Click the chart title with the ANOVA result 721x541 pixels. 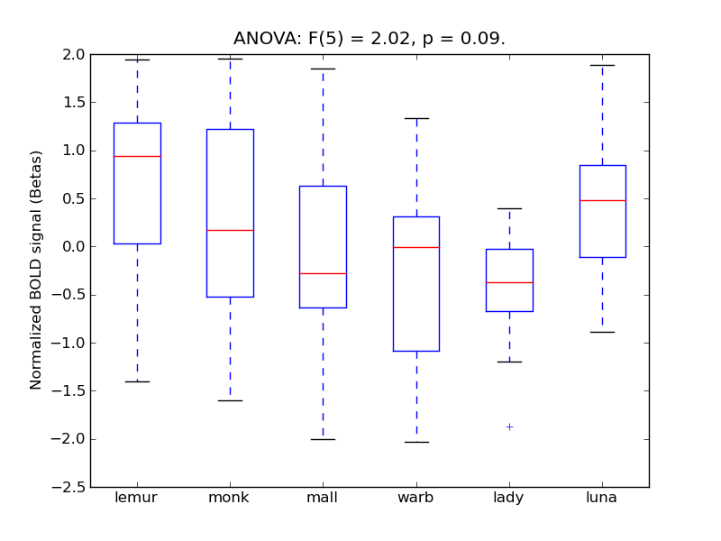pyautogui.click(x=370, y=39)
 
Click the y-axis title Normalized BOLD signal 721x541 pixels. pyautogui.click(x=37, y=270)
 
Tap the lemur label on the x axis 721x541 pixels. pyautogui.click(x=136, y=498)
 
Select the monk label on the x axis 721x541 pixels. pyautogui.click(x=229, y=498)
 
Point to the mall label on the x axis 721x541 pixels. pyautogui.click(x=323, y=498)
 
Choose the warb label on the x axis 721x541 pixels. pyautogui.click(x=415, y=498)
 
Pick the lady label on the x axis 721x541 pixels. pyautogui.click(x=509, y=498)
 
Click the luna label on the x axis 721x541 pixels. pyautogui.click(x=602, y=498)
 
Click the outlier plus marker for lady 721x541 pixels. pyautogui.click(x=509, y=426)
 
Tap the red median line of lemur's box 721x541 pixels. pyautogui.click(x=137, y=156)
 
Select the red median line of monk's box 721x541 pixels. pyautogui.click(x=230, y=230)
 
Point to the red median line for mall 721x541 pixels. pyautogui.click(x=323, y=273)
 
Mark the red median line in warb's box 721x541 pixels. pyautogui.click(x=416, y=247)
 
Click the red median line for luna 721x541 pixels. pyautogui.click(x=602, y=200)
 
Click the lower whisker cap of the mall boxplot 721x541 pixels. pyautogui.click(x=323, y=439)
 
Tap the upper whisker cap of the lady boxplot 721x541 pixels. pyautogui.click(x=509, y=208)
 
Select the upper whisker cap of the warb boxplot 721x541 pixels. pyautogui.click(x=416, y=118)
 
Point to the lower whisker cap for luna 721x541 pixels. pyautogui.click(x=602, y=332)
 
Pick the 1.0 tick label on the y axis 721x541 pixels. pyautogui.click(x=74, y=151)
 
